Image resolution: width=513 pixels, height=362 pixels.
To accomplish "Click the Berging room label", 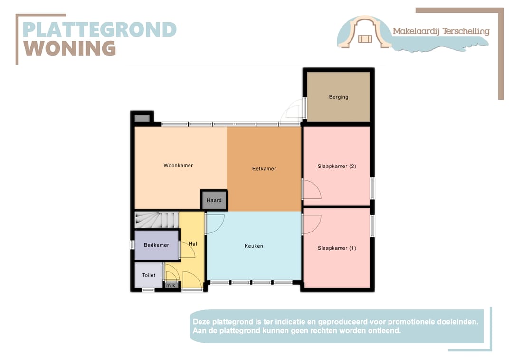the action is click(339, 97).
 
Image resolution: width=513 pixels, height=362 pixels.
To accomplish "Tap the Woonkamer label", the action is click(178, 165).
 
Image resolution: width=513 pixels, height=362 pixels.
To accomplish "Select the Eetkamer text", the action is click(264, 168).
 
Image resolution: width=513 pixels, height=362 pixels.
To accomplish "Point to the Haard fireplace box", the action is click(214, 200).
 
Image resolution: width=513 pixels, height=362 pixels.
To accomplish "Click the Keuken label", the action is click(254, 246).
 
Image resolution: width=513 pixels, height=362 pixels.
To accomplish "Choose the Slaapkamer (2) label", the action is click(337, 167).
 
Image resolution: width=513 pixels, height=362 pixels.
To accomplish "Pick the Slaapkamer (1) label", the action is click(337, 248).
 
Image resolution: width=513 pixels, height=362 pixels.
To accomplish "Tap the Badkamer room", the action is click(156, 245).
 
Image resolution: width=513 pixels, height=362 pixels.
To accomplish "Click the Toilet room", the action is click(149, 275).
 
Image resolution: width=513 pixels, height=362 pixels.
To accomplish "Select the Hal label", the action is click(193, 244).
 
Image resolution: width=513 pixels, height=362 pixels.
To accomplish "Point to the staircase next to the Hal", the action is click(157, 220).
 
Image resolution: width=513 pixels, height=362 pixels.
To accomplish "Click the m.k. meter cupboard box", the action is click(171, 285).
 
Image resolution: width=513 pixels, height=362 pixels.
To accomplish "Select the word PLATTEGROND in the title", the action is click(99, 29).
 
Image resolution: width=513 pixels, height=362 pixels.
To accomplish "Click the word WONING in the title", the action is click(70, 48).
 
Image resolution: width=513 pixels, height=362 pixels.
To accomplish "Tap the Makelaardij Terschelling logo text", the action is click(441, 31).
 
